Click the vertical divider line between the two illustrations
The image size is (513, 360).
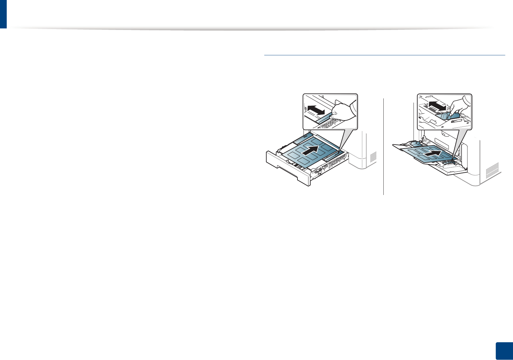[x=383, y=147]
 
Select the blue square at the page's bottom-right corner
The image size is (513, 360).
[x=504, y=351]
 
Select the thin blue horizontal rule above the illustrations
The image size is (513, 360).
[x=384, y=55]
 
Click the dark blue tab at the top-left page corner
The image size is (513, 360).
[x=3, y=14]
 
